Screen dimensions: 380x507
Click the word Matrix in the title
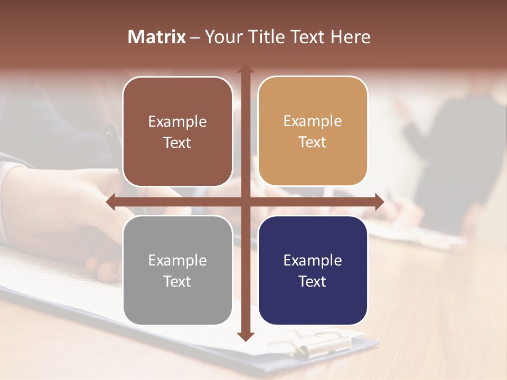[157, 37]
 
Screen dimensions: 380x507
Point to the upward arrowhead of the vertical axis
[245, 69]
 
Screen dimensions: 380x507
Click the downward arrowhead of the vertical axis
[245, 336]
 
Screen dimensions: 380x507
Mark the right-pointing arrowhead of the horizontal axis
[379, 202]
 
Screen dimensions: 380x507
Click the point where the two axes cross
[245, 202]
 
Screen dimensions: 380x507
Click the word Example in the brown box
[177, 121]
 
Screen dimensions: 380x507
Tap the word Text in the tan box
[313, 142]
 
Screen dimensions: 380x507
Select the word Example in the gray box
[177, 260]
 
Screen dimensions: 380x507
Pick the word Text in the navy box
[313, 281]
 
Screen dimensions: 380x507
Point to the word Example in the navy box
[313, 260]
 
